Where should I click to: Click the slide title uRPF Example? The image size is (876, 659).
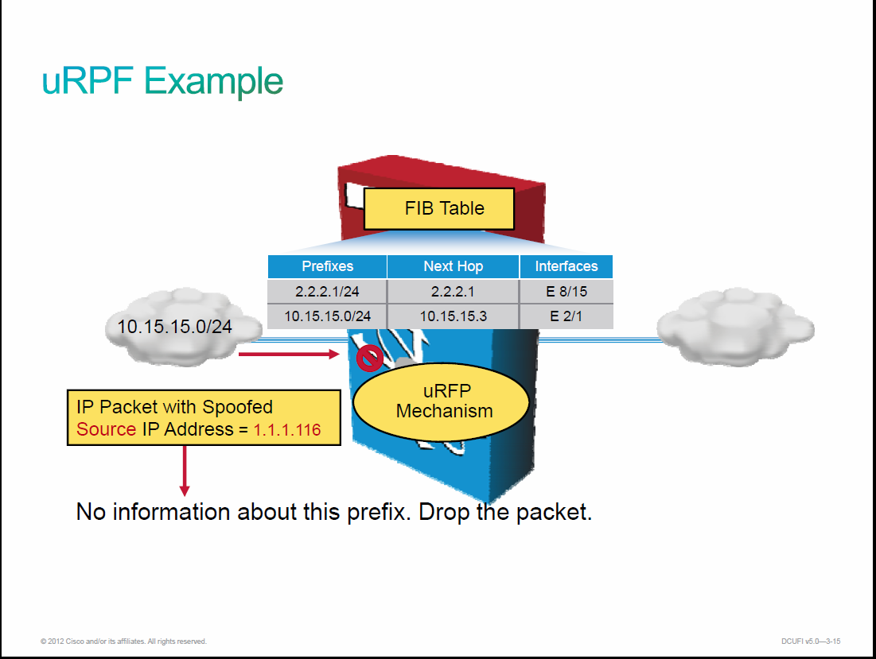[162, 81]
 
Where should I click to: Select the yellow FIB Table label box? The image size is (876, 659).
[439, 209]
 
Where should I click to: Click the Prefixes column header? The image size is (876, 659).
[327, 266]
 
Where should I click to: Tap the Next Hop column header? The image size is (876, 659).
[453, 266]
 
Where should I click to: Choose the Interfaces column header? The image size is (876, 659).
[566, 266]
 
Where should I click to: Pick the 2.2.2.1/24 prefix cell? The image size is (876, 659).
[327, 291]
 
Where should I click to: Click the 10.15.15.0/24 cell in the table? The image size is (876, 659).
[327, 316]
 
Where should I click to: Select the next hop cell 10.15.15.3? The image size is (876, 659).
[453, 316]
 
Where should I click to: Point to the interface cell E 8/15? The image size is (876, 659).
[566, 291]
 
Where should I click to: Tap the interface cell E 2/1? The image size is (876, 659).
[566, 316]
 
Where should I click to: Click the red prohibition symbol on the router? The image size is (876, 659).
[369, 358]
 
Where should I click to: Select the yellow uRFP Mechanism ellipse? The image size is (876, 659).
[441, 401]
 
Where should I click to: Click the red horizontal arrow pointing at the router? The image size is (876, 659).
[289, 354]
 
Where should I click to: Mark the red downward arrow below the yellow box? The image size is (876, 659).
[185, 471]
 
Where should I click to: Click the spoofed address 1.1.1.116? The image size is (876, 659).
[287, 429]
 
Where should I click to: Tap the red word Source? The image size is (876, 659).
[106, 429]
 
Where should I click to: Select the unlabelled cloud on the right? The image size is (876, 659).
[735, 327]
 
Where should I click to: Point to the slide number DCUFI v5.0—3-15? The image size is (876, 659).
[811, 642]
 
